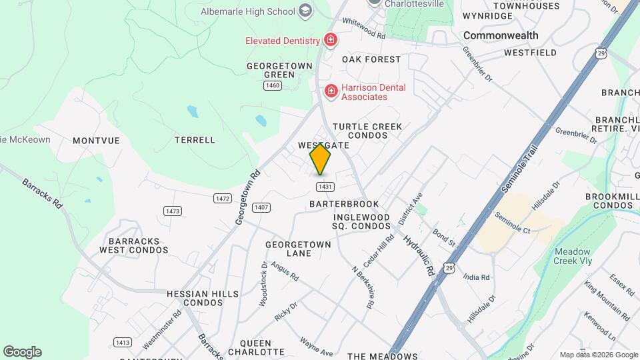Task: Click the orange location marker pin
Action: point(321,159)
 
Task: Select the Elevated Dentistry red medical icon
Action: point(329,41)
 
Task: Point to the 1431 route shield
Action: point(325,187)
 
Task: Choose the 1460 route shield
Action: point(271,85)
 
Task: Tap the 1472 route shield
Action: point(223,199)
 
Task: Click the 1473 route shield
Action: point(173,211)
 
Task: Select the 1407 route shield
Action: point(261,207)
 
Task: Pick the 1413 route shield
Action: point(122,342)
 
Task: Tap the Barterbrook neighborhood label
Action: point(344,204)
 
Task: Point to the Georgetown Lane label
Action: point(298,249)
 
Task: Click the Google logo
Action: point(22,351)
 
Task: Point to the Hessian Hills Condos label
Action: point(194,297)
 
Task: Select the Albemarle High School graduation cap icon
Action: point(305,10)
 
